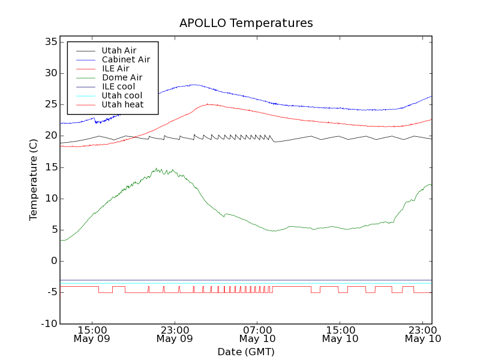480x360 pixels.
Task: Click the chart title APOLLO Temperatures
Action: pos(246,23)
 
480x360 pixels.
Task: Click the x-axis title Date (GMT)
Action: pos(246,352)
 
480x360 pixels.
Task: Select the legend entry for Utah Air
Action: pos(119,50)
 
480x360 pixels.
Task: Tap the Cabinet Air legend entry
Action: pos(125,59)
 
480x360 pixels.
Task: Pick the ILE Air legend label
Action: pos(115,68)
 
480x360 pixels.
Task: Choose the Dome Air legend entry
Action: pos(122,77)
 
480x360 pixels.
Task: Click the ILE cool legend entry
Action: pos(118,86)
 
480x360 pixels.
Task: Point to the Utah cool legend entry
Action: pos(122,95)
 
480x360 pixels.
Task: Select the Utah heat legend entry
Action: pos(122,104)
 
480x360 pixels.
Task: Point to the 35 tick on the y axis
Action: pos(50,42)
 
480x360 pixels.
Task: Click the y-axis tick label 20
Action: pos(50,136)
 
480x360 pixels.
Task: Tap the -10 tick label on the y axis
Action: pos(48,324)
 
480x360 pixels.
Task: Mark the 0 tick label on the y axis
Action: pos(53,261)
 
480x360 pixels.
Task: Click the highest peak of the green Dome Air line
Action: pos(156,169)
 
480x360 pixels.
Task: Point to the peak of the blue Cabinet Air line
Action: pos(194,85)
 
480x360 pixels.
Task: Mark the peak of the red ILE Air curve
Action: pos(208,104)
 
